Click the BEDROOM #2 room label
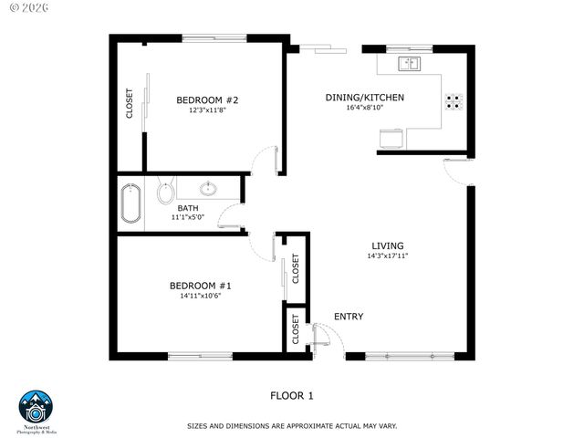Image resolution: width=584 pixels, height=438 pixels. pos(207,99)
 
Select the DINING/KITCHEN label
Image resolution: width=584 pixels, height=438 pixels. pos(364,98)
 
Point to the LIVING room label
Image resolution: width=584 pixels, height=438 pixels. pos(387,245)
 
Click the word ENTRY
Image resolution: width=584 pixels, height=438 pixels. pos(349,317)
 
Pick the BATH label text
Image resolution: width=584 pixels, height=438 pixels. pos(188,208)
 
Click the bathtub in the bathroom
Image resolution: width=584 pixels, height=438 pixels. pos(130,205)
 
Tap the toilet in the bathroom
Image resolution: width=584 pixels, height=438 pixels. pos(165,192)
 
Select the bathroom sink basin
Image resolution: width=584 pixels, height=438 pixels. pos(209,189)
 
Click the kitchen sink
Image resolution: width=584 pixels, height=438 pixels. pos(408,64)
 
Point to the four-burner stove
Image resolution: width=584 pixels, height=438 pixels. pos(453,101)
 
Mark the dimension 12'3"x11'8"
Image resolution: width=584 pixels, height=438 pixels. pos(207,110)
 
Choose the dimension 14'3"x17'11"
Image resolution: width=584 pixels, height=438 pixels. pos(387,255)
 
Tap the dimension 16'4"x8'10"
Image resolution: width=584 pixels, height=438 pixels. pos(364,109)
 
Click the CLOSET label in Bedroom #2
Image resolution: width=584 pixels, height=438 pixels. pos(130,103)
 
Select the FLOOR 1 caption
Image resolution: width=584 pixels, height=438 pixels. pos(291,395)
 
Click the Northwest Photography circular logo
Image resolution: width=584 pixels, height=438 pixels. pos(36,408)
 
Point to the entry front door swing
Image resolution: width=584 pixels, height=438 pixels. pos(328,339)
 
